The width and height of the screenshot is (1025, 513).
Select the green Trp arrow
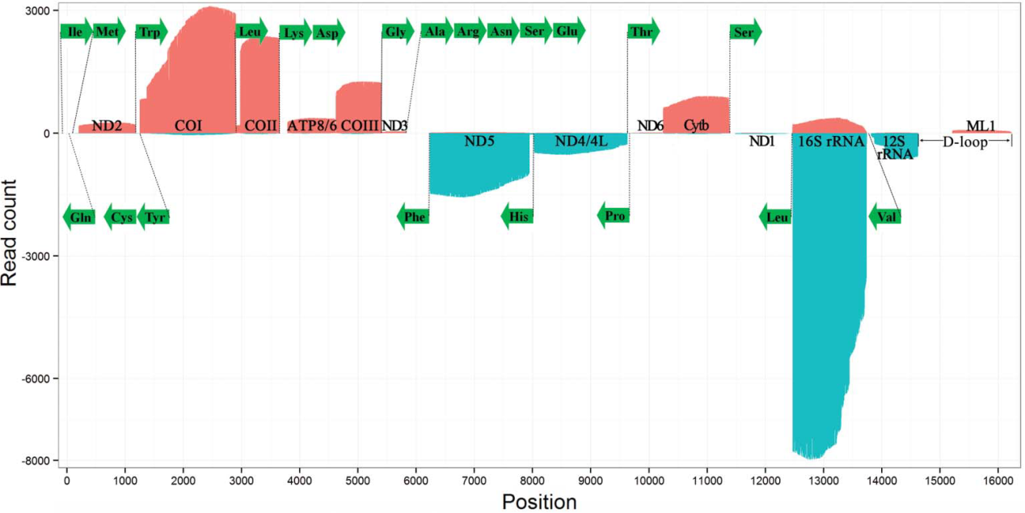[x=150, y=32]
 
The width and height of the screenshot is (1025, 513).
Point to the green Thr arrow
[x=643, y=32]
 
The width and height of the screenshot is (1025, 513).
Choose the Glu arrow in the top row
[x=568, y=32]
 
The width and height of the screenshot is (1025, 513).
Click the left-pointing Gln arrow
[x=79, y=217]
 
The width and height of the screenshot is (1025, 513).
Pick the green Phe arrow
[x=413, y=217]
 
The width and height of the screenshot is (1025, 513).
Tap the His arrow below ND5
[x=517, y=217]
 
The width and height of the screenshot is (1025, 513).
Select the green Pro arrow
[x=614, y=216]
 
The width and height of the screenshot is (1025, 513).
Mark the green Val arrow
[x=885, y=217]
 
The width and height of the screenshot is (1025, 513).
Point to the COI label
[x=188, y=125]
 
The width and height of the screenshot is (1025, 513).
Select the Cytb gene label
[x=696, y=125]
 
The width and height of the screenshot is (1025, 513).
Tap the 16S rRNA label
[x=831, y=142]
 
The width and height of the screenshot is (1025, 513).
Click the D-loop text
[x=964, y=142]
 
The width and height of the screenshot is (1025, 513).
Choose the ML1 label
[x=981, y=125]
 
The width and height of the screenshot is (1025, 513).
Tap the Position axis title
[x=539, y=502]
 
